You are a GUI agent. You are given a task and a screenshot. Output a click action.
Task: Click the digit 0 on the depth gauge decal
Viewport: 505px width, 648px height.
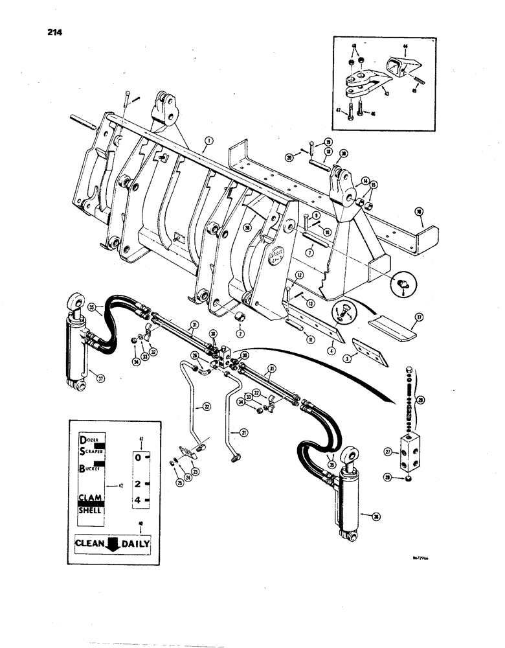click(137, 457)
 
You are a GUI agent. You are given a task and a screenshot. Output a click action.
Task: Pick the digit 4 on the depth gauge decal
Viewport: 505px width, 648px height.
click(137, 500)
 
